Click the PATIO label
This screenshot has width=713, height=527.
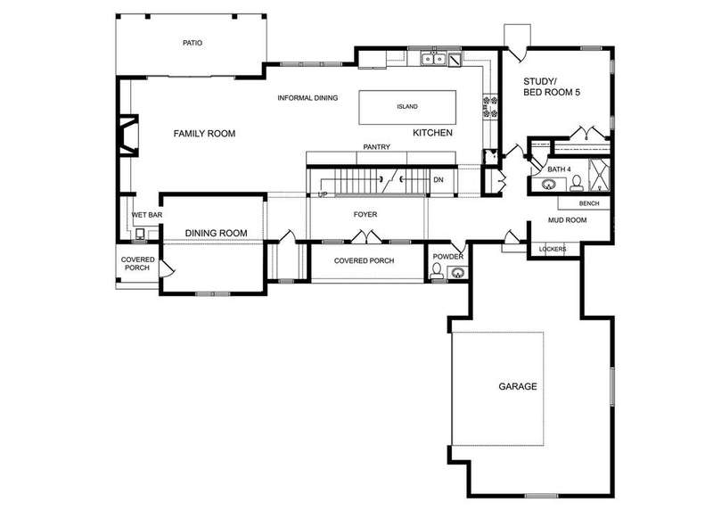193,43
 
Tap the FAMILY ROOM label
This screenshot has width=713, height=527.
205,134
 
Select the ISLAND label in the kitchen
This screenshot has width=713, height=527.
407,106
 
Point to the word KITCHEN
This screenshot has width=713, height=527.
432,133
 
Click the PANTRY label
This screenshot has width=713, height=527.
376,147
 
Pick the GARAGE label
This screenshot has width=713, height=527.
518,386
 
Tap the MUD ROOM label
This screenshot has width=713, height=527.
567,220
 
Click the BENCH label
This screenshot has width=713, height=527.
589,203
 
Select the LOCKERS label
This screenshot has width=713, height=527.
553,249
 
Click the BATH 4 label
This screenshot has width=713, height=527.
559,169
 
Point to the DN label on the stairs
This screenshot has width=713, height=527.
438,180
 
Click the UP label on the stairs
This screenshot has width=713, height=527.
323,194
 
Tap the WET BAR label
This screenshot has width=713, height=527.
147,215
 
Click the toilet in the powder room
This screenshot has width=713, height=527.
437,271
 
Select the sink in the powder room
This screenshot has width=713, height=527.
456,273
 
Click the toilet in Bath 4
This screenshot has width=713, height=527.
577,183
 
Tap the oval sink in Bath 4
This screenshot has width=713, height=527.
549,185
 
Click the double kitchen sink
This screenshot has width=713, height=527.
433,59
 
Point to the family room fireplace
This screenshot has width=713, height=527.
127,136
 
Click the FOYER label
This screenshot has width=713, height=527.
365,214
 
